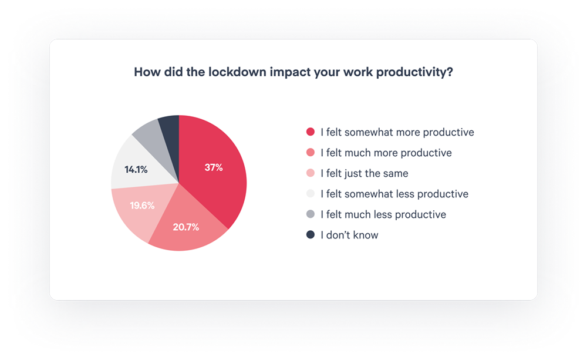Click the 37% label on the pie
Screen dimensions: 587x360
214,167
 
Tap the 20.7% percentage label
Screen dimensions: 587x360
185,227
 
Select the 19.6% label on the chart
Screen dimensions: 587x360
142,206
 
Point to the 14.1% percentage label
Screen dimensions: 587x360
136,170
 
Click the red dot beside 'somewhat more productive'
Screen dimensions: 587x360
311,132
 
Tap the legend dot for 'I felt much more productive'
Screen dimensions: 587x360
311,153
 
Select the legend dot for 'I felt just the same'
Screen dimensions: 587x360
311,173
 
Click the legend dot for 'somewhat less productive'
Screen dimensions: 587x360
311,194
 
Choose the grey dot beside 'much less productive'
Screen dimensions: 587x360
311,214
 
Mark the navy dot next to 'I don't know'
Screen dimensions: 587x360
311,235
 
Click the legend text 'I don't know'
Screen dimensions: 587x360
349,235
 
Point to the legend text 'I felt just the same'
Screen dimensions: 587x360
365,173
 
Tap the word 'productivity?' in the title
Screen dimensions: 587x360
414,72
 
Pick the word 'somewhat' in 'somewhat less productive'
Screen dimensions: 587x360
369,194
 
